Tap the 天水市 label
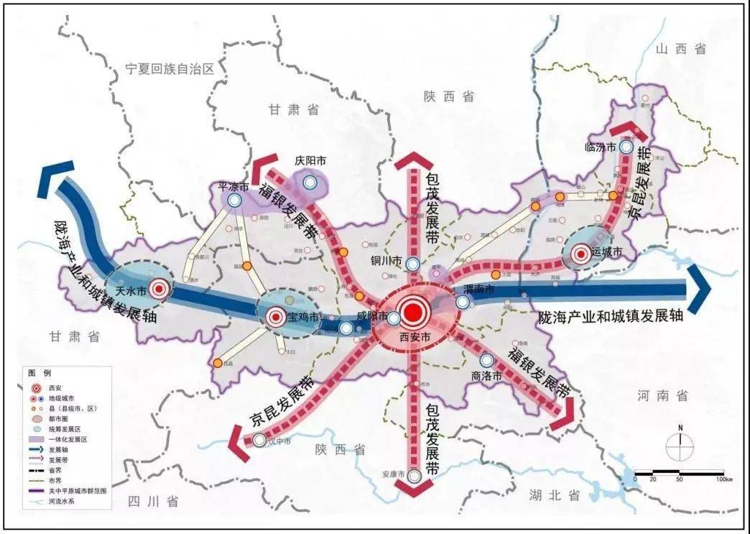coord(131,292)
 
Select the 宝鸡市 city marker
coord(275,317)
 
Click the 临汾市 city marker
coord(626,147)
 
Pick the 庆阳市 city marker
coord(310,183)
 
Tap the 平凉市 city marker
coord(234,201)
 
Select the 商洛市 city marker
coord(487,360)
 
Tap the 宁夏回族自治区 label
coord(170,69)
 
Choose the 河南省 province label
coord(662,395)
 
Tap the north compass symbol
coord(678,447)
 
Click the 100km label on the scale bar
coord(722,479)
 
